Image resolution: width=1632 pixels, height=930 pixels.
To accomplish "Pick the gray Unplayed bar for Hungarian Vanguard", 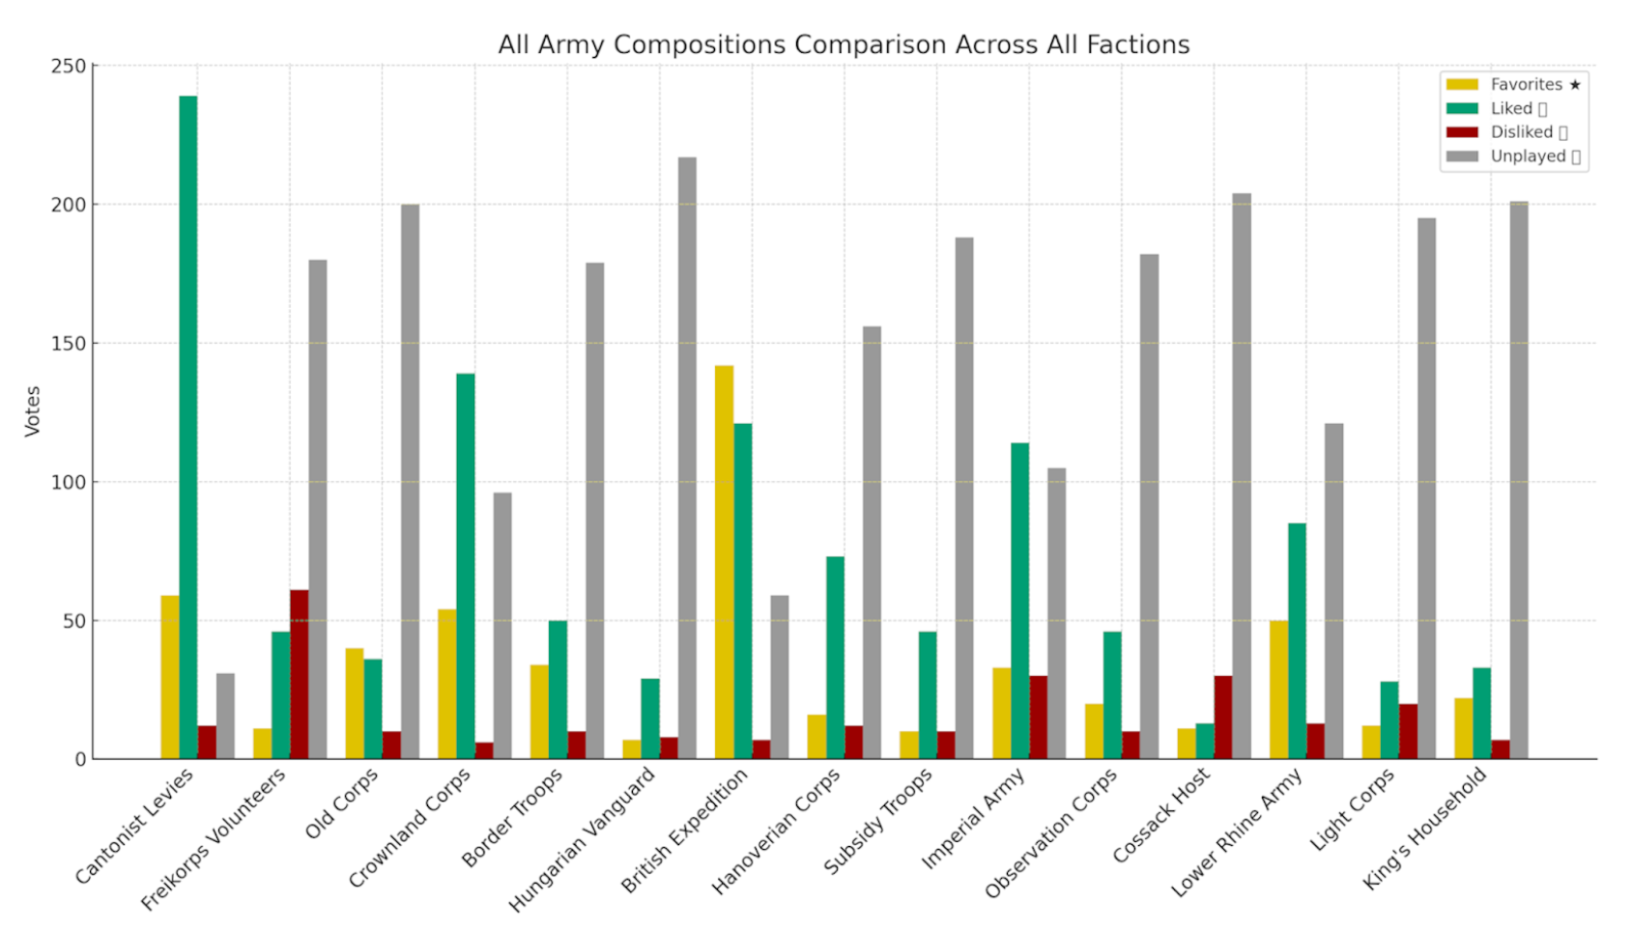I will (687, 458).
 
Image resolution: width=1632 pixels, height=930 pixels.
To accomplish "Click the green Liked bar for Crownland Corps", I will (466, 566).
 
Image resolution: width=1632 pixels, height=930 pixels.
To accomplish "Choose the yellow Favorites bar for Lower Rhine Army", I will (1278, 690).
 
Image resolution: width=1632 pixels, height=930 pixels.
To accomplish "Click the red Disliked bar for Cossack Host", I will (1223, 717).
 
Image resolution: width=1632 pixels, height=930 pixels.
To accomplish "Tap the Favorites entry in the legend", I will (1526, 85).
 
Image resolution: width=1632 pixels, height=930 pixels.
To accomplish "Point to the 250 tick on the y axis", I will (69, 67).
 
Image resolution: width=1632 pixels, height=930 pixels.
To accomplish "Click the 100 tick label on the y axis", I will (69, 482).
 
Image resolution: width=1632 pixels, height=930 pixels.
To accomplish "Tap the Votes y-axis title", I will (33, 411).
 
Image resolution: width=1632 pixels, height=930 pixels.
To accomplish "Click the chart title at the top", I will (844, 45).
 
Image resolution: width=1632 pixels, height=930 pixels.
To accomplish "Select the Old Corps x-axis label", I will (342, 803).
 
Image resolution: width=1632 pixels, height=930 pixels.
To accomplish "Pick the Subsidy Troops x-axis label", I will (878, 820).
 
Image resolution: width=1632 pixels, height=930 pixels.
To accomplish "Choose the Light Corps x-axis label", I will (1353, 809).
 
